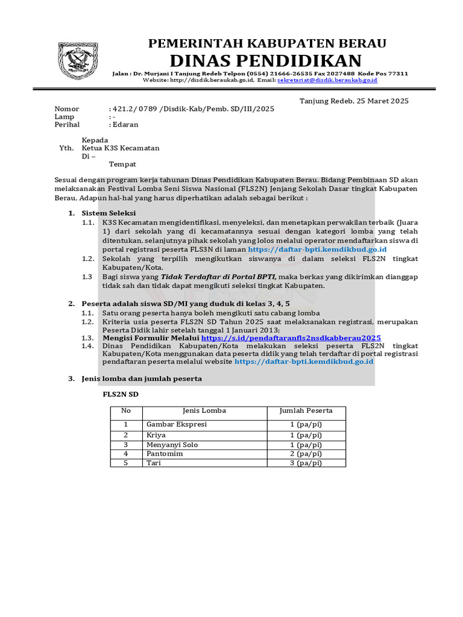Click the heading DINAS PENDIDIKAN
[x=265, y=60]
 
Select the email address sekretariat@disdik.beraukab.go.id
[x=327, y=80]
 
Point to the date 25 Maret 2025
[x=379, y=101]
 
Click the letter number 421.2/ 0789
[x=134, y=109]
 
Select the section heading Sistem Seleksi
[x=109, y=213]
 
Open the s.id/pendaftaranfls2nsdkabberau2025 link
[x=291, y=338]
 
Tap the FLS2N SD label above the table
[x=121, y=395]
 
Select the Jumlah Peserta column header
[x=306, y=411]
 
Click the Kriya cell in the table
[x=156, y=435]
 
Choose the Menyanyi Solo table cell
[x=172, y=445]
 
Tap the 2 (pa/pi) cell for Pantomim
[x=306, y=454]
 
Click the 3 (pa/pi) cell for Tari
[x=306, y=463]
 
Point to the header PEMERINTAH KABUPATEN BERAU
[x=267, y=43]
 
